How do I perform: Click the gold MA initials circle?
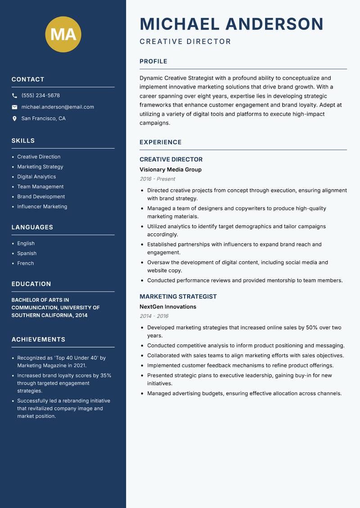63,34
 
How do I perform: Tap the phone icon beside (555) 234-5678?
14,95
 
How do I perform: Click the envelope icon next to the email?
14,107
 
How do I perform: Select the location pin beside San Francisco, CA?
14,119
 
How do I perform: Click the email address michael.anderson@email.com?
58,107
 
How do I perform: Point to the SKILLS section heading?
23,141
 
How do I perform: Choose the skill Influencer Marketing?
42,206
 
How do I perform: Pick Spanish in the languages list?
27,253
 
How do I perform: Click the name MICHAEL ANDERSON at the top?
231,24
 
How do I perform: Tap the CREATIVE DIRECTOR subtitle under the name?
185,42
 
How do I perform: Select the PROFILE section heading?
153,62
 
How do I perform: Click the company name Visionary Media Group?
170,169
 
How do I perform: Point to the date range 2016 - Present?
157,179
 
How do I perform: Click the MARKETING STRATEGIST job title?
178,297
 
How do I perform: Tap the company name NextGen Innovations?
167,307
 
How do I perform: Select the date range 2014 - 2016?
154,316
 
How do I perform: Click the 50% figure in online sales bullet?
312,327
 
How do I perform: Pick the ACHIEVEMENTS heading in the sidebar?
38,339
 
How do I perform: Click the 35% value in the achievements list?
106,375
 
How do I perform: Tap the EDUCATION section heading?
31,284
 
